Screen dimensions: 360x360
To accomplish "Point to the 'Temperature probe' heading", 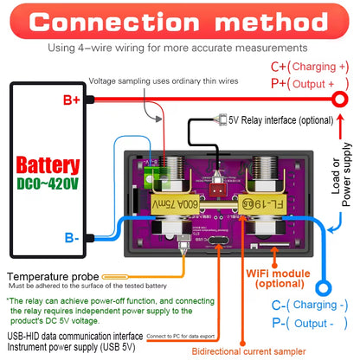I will click(x=52, y=273).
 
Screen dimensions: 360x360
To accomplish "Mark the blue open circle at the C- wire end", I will click(x=325, y=286).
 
